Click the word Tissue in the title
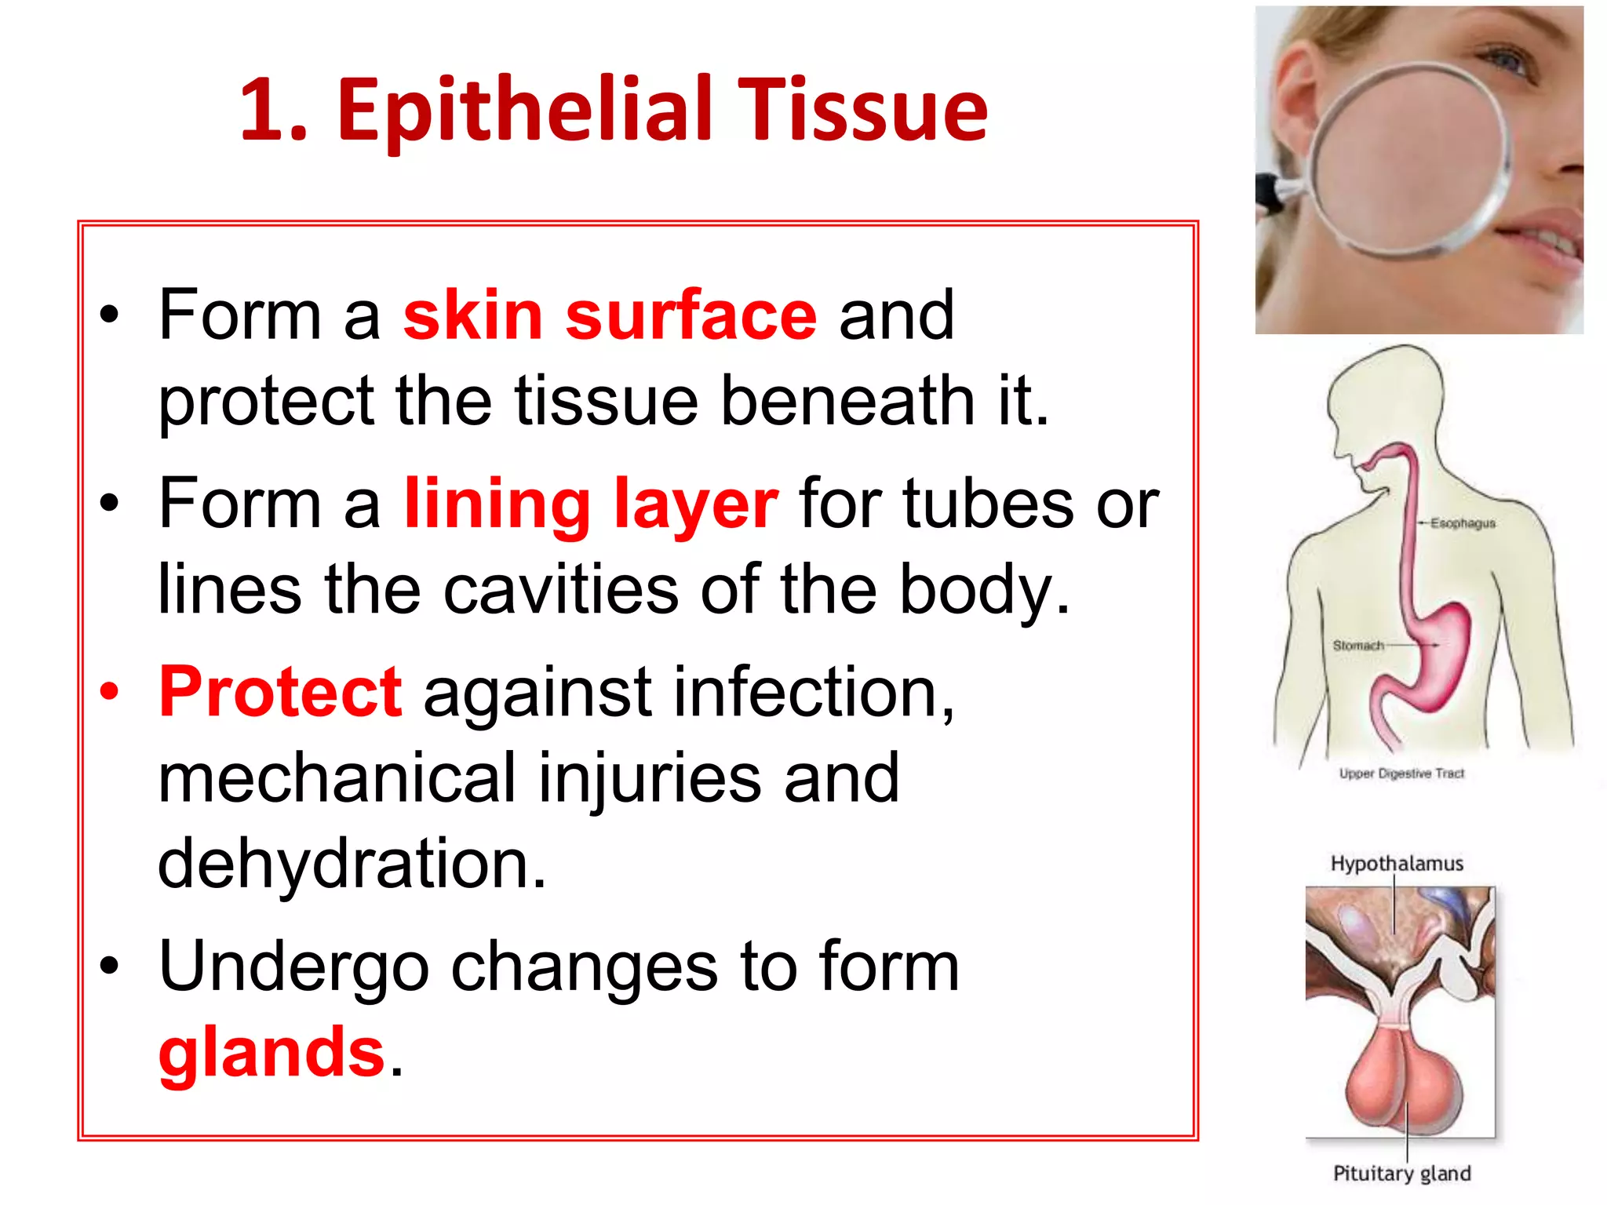pyautogui.click(x=862, y=110)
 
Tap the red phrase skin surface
pyautogui.click(x=610, y=315)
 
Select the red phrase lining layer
pyautogui.click(x=591, y=504)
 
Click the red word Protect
pyautogui.click(x=280, y=692)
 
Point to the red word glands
pyautogui.click(x=271, y=1051)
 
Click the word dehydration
pyautogui.click(x=352, y=863)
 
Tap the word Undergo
pyautogui.click(x=293, y=967)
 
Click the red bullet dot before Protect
pyautogui.click(x=110, y=692)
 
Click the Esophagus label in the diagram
pyautogui.click(x=1463, y=523)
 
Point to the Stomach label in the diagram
pyautogui.click(x=1358, y=646)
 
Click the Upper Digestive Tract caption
pyautogui.click(x=1401, y=774)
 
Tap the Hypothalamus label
pyautogui.click(x=1397, y=864)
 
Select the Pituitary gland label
pyautogui.click(x=1401, y=1174)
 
